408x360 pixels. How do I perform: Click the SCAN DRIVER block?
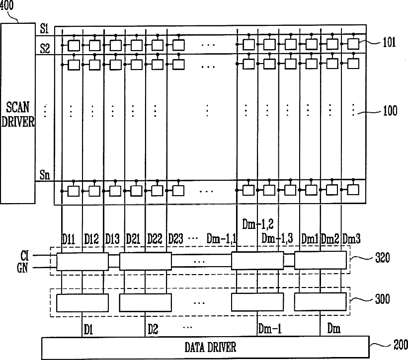point(18,114)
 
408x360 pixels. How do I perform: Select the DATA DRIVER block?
point(205,347)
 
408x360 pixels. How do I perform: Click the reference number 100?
point(390,111)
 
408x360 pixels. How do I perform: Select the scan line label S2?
point(45,48)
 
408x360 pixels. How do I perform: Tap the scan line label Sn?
point(45,174)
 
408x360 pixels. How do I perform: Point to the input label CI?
point(25,256)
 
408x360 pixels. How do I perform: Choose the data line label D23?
point(176,239)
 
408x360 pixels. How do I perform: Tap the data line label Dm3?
point(351,239)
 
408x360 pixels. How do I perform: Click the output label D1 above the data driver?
point(88,328)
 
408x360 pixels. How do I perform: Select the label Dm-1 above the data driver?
point(270,328)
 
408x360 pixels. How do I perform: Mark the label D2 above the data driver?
point(153,328)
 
